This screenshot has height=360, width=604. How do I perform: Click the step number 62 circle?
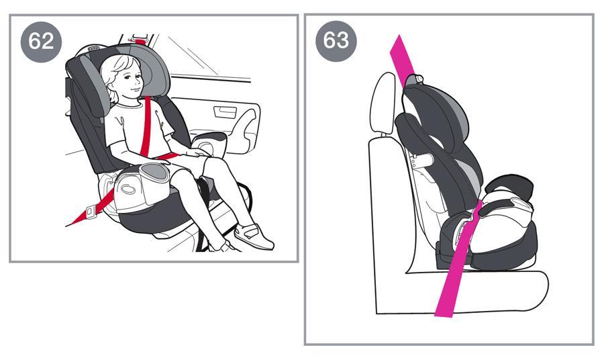coord(41,41)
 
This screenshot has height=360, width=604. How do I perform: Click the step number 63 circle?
coord(336,40)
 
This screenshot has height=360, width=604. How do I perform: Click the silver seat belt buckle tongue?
coord(91,211)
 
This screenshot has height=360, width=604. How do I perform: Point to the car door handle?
coord(225,111)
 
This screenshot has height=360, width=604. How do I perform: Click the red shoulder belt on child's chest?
coord(146,127)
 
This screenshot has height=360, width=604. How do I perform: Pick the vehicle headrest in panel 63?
coord(384,103)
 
